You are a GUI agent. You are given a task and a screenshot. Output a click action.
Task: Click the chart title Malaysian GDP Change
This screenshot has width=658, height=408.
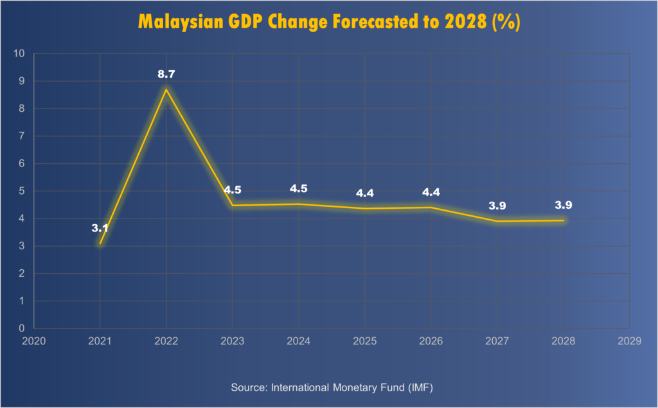pyautogui.click(x=328, y=21)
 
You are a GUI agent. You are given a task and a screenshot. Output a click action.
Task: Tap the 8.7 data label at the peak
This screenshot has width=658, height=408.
pyautogui.click(x=166, y=75)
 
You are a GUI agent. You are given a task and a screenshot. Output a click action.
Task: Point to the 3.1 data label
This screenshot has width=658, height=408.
pyautogui.click(x=100, y=228)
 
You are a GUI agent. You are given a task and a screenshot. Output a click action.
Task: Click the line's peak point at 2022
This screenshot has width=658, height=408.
pyautogui.click(x=166, y=89)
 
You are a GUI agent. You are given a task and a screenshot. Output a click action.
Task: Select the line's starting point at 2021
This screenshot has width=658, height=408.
pyautogui.click(x=100, y=244)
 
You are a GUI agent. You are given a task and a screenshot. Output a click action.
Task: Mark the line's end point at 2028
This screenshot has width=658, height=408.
pyautogui.click(x=564, y=220)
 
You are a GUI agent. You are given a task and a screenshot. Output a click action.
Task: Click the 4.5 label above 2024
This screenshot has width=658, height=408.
pyautogui.click(x=299, y=189)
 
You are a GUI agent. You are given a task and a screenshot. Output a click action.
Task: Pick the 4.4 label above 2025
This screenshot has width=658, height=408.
pyautogui.click(x=365, y=193)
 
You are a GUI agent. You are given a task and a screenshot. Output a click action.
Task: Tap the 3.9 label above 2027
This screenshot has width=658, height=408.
pyautogui.click(x=497, y=206)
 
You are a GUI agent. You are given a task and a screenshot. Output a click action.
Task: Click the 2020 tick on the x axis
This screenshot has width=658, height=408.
pyautogui.click(x=34, y=342)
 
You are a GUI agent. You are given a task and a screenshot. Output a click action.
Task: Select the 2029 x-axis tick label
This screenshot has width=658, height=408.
pyautogui.click(x=630, y=342)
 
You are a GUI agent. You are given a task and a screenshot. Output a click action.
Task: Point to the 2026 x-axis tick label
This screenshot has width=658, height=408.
pyautogui.click(x=431, y=342)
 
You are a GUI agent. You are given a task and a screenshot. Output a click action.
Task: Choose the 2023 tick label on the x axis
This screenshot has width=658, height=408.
pyautogui.click(x=233, y=342)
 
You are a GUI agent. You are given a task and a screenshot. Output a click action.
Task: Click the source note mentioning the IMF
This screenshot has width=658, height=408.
pyautogui.click(x=328, y=387)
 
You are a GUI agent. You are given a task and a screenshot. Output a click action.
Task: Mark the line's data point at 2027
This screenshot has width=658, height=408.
pyautogui.click(x=497, y=222)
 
